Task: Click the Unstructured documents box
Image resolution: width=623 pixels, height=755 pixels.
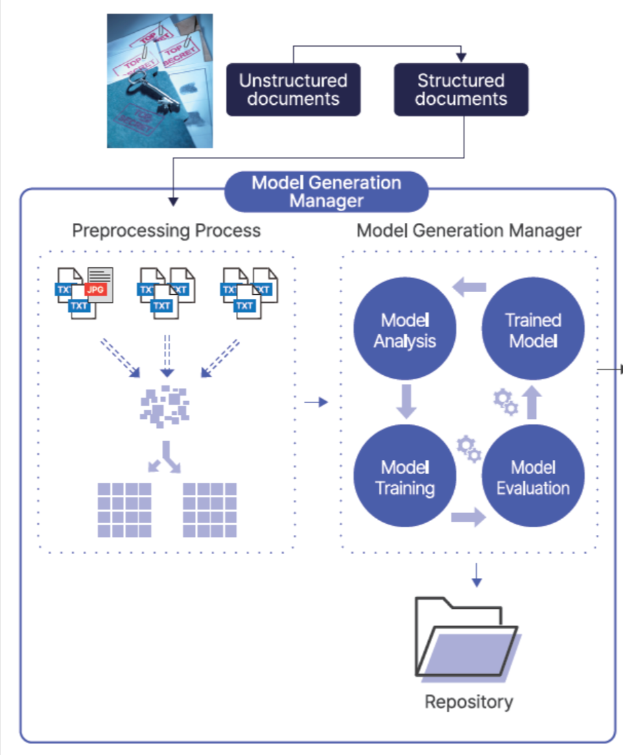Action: [x=294, y=90]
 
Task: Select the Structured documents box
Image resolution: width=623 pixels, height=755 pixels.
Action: [x=461, y=90]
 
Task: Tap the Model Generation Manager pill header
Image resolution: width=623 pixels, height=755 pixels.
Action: [x=327, y=191]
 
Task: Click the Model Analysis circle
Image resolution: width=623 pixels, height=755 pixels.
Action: [x=405, y=328]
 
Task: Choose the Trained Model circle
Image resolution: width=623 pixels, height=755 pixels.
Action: [x=533, y=328]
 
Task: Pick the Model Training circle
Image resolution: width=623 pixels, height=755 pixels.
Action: [x=405, y=476]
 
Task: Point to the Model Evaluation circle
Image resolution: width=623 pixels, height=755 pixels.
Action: [x=533, y=476]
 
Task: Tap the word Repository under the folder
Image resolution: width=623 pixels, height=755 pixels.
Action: [x=469, y=702]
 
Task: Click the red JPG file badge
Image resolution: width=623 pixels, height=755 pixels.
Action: [x=95, y=289]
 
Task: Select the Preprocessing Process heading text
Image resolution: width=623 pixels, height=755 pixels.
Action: [x=166, y=230]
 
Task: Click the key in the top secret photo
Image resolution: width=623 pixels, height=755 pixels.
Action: [x=150, y=90]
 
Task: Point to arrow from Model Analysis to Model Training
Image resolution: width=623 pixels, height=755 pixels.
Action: [x=406, y=401]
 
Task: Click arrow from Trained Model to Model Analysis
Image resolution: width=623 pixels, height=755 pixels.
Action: [x=469, y=287]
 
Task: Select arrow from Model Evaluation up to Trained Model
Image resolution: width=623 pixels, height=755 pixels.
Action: [x=532, y=402]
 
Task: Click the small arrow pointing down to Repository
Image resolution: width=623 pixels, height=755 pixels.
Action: [x=477, y=575]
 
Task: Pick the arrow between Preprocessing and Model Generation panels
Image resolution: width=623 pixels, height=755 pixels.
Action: [x=316, y=402]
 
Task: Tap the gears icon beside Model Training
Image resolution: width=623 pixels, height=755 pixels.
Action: [x=469, y=448]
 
